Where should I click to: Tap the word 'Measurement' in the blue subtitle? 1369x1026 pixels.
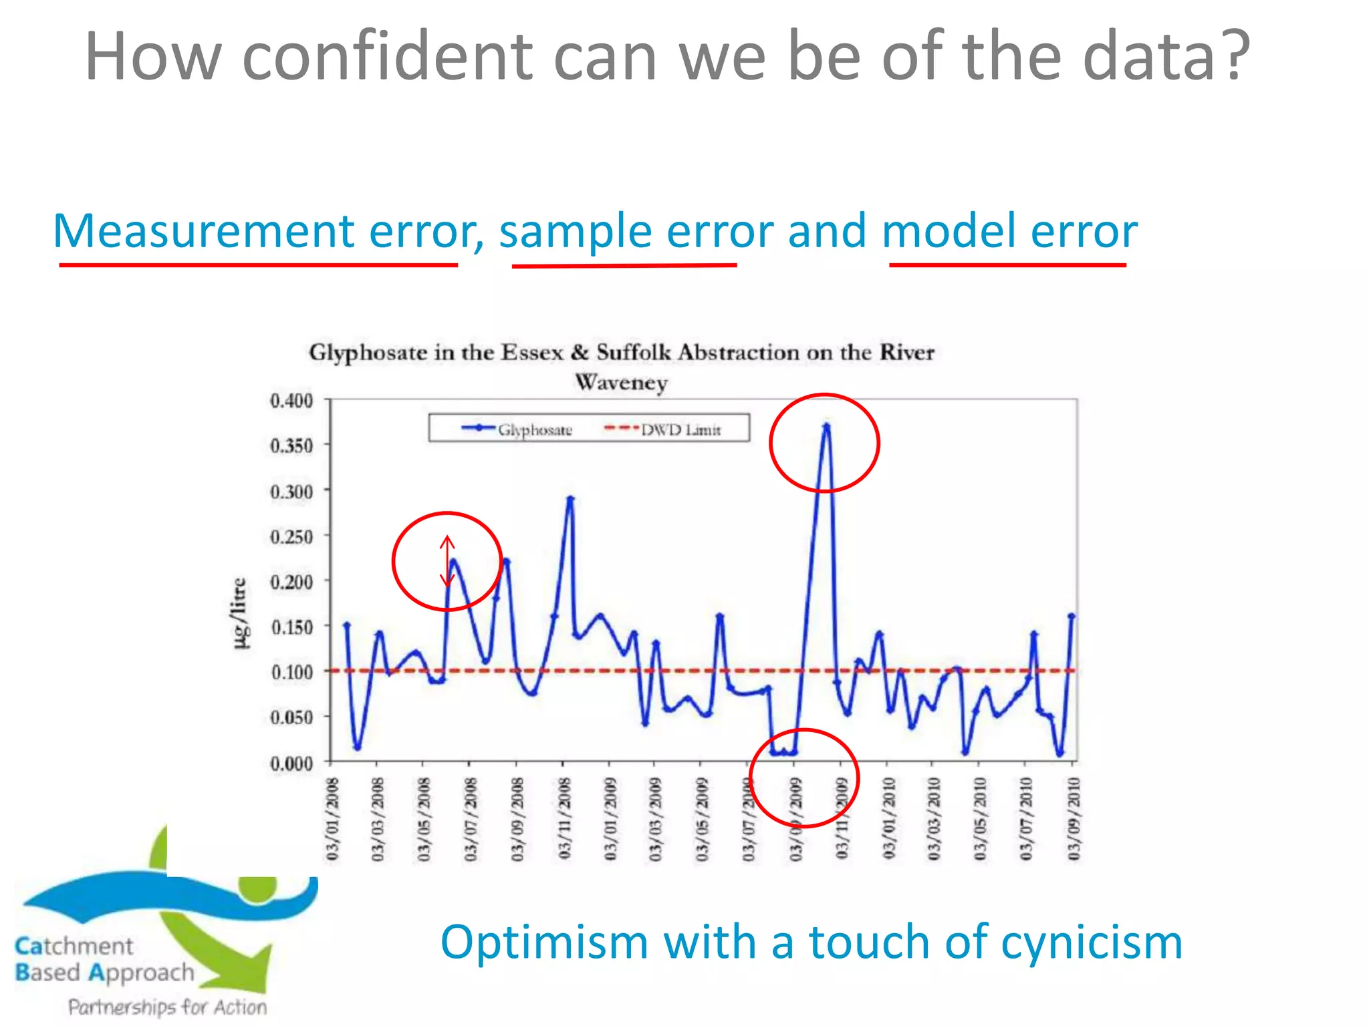204,231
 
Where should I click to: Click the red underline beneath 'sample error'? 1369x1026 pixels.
624,266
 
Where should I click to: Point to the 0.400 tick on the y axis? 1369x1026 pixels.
291,401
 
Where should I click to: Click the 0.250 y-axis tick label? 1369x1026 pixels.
291,537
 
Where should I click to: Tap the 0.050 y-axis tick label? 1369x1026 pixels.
291,717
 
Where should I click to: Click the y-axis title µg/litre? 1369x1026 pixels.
239,613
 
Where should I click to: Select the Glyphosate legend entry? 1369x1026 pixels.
517,430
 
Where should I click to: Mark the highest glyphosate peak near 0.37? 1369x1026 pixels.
826,425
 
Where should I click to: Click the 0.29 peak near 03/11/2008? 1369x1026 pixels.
570,498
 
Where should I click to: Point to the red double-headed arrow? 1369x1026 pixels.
447,561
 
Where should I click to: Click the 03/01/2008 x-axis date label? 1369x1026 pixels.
333,819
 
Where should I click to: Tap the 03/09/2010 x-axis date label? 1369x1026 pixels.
1073,819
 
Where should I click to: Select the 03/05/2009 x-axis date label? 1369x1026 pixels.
701,819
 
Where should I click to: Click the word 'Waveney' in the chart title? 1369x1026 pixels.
621,383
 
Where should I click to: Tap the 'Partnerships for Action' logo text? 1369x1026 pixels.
167,1007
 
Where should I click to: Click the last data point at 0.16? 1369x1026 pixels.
1072,617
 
